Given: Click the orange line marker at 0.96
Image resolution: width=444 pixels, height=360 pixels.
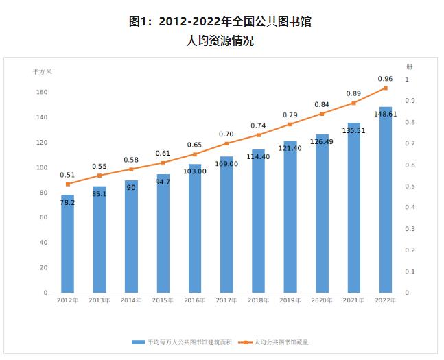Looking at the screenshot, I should coord(386,88).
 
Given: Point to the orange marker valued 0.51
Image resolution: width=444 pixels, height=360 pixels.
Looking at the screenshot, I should coord(67,184).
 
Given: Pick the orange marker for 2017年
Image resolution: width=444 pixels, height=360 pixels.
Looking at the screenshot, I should coord(226,143).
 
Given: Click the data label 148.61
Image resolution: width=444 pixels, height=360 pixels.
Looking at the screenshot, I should coord(386,114).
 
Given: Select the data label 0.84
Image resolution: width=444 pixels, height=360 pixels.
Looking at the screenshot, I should coord(322,104).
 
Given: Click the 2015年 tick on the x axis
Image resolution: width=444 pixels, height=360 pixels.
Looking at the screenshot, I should coord(163,300).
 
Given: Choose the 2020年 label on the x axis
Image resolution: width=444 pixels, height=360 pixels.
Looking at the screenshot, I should coord(322,300).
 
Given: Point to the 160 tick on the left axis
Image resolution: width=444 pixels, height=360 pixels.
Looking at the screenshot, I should coord(41,93).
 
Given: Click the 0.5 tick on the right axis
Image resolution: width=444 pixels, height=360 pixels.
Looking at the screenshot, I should coord(410,187).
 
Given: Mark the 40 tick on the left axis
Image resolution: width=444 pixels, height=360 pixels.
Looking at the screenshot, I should coord(43,243).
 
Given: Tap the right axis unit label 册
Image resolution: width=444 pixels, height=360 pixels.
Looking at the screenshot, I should coord(410,67).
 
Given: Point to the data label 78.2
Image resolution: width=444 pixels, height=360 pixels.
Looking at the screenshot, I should coord(67,203).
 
